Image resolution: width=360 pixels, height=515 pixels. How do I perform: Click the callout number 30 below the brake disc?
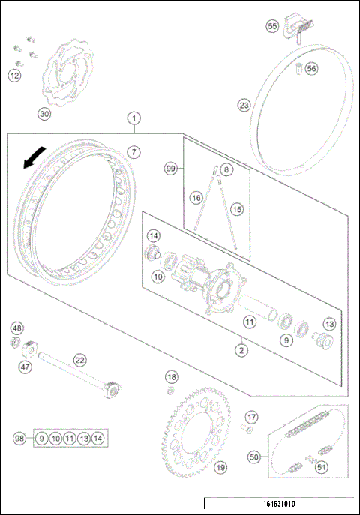(x=44, y=114)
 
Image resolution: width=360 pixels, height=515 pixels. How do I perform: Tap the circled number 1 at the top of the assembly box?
(x=133, y=118)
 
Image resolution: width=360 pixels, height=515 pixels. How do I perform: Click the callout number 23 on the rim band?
(x=244, y=105)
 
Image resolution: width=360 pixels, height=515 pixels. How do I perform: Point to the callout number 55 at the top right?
(x=273, y=26)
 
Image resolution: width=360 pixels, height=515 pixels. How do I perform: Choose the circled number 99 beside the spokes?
(x=172, y=170)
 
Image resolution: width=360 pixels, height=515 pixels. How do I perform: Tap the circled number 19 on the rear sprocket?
(x=220, y=468)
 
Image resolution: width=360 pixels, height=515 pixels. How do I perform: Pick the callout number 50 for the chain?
(x=254, y=456)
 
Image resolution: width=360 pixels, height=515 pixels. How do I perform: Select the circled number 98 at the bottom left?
(x=21, y=438)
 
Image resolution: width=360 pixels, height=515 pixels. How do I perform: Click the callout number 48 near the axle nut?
(x=17, y=328)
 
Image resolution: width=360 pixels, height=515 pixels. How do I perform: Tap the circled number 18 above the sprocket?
(x=172, y=376)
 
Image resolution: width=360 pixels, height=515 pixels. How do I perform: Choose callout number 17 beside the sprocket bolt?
(x=252, y=416)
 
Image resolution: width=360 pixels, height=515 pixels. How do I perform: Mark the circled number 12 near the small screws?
(x=15, y=75)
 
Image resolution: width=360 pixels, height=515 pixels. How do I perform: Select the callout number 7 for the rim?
(x=133, y=151)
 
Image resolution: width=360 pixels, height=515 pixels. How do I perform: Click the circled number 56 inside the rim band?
(x=311, y=68)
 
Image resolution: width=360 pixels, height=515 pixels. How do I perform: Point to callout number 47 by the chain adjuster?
(x=25, y=367)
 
